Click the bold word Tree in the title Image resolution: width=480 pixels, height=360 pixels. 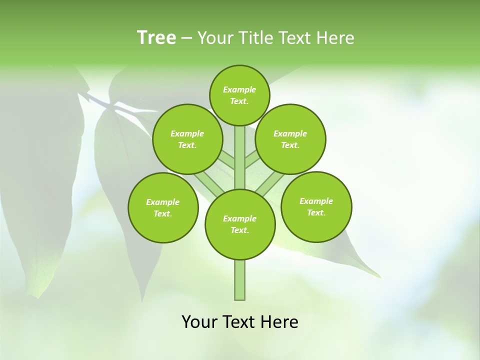click(x=156, y=37)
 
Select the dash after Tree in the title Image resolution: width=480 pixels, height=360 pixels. click(x=186, y=38)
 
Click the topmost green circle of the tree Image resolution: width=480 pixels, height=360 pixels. click(x=239, y=95)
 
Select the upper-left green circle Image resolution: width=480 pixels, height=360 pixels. click(x=187, y=139)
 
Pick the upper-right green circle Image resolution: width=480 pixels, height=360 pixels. click(x=290, y=139)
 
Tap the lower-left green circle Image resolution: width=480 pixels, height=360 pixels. click(x=163, y=207)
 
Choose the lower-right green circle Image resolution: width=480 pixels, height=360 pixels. click(x=316, y=206)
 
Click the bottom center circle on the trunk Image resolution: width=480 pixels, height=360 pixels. click(x=240, y=224)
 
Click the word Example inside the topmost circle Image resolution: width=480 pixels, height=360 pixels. click(x=239, y=89)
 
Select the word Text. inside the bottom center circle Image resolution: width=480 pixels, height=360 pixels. click(x=240, y=230)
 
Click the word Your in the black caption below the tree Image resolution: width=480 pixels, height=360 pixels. click(x=199, y=322)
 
